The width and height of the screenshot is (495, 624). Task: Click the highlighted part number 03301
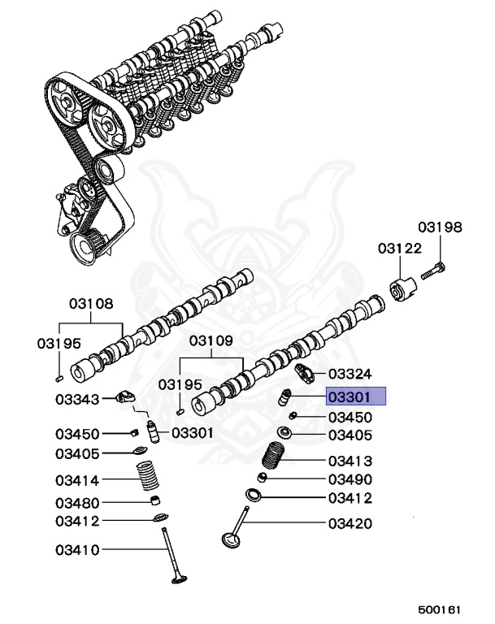pos(355,396)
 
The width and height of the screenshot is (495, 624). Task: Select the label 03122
pos(399,249)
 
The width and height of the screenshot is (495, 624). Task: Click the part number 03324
pos(350,374)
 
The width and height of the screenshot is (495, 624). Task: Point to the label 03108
pos(91,305)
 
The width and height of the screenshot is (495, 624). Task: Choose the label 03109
pos(211,341)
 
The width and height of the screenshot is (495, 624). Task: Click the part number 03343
pos(77,399)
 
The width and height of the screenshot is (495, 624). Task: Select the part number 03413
pos(350,461)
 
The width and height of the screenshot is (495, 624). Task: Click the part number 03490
pos(350,479)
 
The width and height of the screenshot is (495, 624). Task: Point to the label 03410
pos(77,550)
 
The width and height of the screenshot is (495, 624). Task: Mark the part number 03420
pos(350,524)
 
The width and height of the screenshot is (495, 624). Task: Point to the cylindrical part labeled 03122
pos(402,289)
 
